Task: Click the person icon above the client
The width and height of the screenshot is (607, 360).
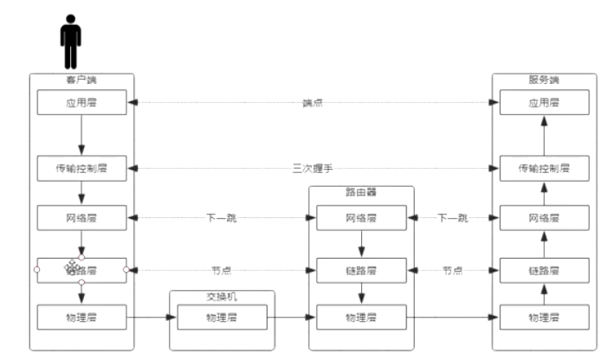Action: point(70,41)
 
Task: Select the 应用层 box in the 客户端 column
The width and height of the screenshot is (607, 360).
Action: point(81,103)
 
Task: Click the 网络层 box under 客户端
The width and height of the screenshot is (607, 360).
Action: point(81,218)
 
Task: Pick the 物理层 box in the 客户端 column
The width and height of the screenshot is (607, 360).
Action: point(81,318)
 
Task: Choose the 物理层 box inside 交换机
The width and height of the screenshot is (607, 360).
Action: point(221,318)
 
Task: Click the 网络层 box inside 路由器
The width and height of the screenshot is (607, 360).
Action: point(361,218)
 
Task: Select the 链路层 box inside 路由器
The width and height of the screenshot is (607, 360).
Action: point(361,271)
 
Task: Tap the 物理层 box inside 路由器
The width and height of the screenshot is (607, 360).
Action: point(361,318)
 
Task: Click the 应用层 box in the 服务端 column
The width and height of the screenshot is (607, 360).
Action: point(545,103)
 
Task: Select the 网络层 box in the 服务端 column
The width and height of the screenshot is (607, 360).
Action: point(545,218)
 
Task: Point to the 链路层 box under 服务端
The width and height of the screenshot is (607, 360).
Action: point(545,271)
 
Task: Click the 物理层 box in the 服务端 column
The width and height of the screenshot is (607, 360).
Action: point(545,318)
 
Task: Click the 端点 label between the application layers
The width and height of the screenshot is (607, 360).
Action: point(313,103)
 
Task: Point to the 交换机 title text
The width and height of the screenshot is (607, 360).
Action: point(221,296)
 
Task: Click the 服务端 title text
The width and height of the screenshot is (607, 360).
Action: point(544,80)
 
